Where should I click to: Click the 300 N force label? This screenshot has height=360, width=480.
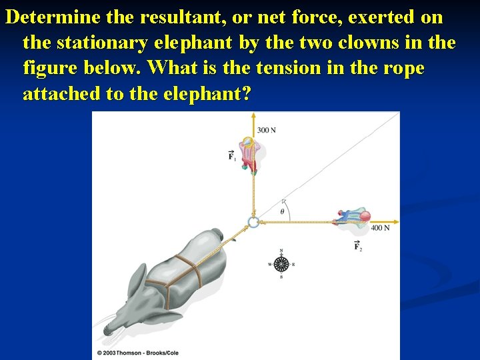click(x=267, y=129)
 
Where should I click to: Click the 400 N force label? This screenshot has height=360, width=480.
click(x=380, y=228)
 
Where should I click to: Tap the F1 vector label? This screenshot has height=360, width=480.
click(x=231, y=157)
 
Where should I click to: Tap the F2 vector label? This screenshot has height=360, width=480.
click(x=358, y=247)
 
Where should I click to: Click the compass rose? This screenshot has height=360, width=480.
click(x=281, y=263)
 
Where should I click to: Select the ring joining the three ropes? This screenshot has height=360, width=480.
click(x=253, y=222)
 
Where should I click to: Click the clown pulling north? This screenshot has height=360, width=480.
click(x=248, y=155)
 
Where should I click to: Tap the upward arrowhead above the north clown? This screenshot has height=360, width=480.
click(x=253, y=115)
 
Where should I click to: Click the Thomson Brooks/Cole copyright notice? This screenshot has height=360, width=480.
click(x=138, y=353)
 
